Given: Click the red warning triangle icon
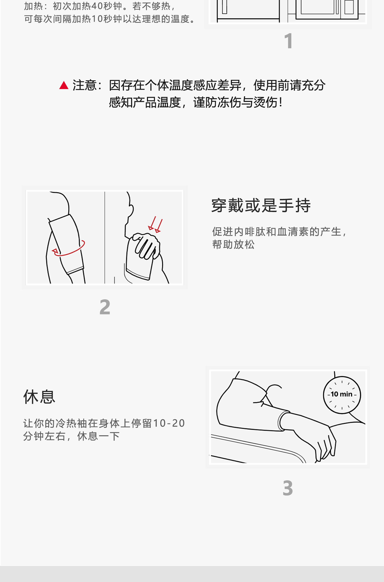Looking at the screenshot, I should point(64,86).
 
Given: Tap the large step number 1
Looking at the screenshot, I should point(288,41).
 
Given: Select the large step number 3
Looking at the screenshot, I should point(287,488).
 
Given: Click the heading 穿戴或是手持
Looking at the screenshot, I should point(261,205).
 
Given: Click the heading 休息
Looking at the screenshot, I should point(39,397).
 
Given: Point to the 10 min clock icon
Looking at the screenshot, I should point(342,395).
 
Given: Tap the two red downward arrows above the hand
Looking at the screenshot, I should point(155,225).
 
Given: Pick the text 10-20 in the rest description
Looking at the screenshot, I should point(169,423).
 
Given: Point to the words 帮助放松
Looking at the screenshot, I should point(233,244).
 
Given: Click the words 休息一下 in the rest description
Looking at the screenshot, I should point(98,436).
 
